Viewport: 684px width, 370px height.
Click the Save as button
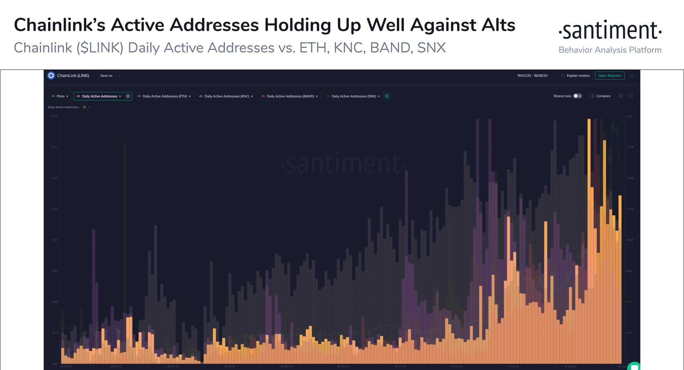coord(106,76)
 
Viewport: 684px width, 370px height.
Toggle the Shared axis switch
coord(577,96)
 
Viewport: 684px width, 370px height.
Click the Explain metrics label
coord(578,76)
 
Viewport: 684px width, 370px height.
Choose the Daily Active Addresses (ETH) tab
coord(164,96)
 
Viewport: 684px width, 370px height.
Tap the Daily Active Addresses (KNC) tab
coord(226,96)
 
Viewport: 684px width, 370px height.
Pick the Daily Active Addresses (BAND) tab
coord(290,96)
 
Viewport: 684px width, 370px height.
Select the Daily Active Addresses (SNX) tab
coord(353,96)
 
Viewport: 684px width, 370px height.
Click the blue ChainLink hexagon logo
coord(51,76)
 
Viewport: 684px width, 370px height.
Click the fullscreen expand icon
coord(631,96)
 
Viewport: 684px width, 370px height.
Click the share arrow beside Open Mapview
coord(632,76)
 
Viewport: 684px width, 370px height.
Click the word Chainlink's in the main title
coord(59,25)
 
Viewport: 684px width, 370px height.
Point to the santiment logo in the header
coord(610,31)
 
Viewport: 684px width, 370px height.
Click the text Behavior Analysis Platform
coord(610,50)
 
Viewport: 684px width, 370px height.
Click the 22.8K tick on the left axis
coord(54,116)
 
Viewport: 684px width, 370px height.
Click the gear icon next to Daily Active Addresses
coord(128,96)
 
